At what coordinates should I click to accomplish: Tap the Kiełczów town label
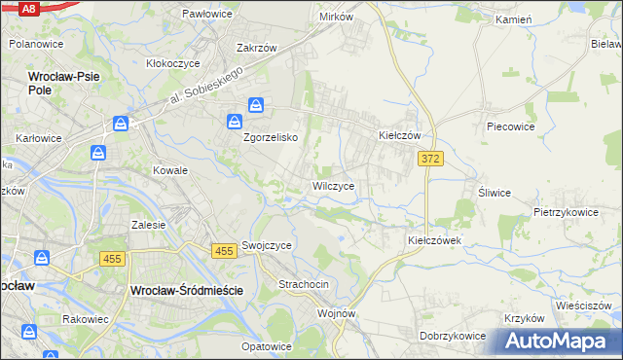coord(399,136)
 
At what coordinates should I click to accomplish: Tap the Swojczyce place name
coord(267,246)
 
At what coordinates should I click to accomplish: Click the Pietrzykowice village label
coord(565,210)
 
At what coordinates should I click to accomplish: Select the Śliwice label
coord(495,192)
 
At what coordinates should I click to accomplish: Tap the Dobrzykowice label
coord(453,336)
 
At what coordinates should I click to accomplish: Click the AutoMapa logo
coord(560,342)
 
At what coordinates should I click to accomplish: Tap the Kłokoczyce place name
coord(173,62)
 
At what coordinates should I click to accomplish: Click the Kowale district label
coord(169,169)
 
